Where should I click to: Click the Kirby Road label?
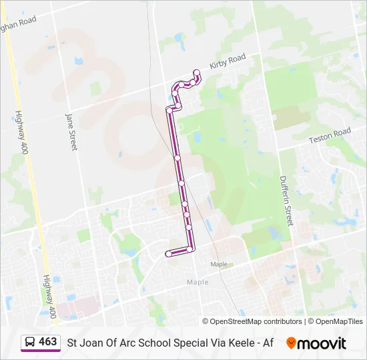tap(228, 62)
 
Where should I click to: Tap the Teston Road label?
tap(329, 136)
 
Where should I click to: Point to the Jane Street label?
tap(71, 131)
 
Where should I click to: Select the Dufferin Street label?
tap(286, 199)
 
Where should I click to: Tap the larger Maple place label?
tap(198, 282)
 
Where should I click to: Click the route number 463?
tap(48, 342)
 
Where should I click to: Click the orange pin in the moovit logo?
tap(291, 343)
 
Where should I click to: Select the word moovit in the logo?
tap(322, 343)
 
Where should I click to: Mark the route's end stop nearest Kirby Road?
tap(196, 72)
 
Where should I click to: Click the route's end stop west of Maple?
tap(168, 253)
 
